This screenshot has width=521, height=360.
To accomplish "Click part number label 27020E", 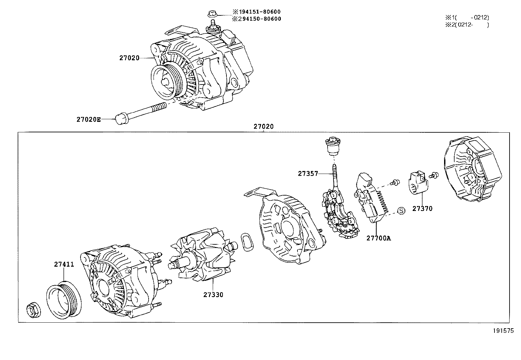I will [88, 120].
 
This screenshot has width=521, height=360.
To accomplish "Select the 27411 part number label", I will [64, 265].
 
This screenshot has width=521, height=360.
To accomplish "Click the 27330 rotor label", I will [213, 295].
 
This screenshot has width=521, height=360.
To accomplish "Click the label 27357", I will [308, 174].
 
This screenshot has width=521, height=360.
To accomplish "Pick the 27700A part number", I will [378, 238].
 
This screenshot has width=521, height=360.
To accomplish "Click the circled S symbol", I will [401, 211].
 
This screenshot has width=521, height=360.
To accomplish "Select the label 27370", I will [422, 209].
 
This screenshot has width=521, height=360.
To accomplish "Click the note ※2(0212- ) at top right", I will [466, 25].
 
